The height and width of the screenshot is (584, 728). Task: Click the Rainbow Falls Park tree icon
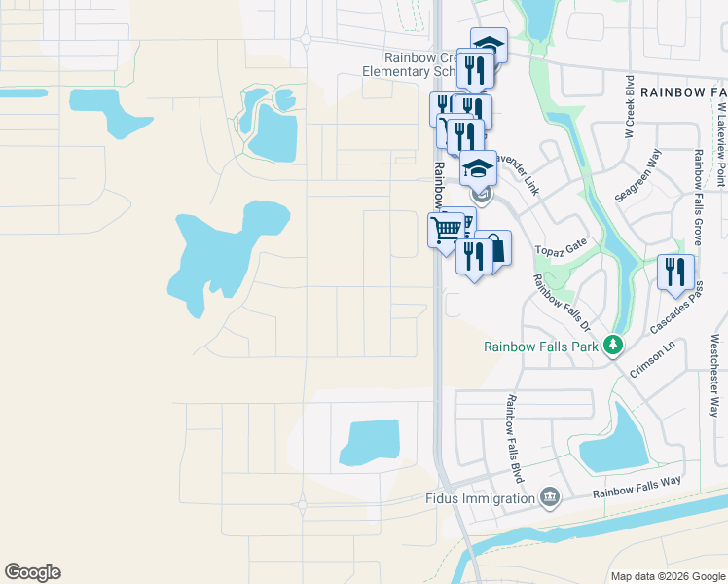point(612,346)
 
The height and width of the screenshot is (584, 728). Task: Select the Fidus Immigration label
point(481,498)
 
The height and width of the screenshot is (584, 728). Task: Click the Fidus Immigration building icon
point(550,498)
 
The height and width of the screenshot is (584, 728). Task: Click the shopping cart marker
point(446,230)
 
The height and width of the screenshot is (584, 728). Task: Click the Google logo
point(32,572)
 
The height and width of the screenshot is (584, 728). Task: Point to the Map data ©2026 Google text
point(667,576)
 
